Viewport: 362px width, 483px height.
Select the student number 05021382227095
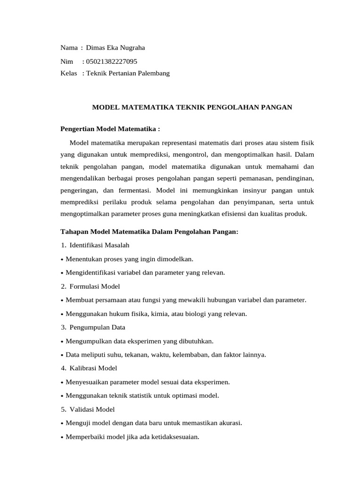click(x=112, y=61)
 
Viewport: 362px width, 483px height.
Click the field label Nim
click(x=67, y=61)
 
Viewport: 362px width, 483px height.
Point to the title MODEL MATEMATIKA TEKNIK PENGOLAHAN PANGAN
click(x=192, y=108)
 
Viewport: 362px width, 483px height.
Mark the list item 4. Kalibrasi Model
click(x=89, y=368)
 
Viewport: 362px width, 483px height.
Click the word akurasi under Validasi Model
click(x=230, y=423)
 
